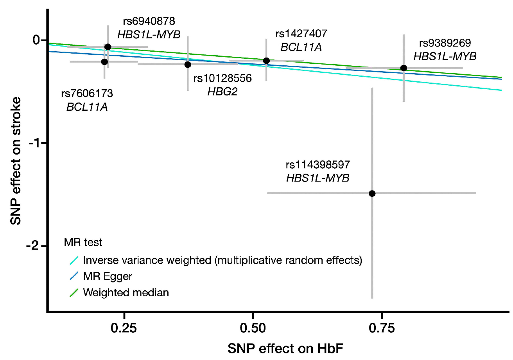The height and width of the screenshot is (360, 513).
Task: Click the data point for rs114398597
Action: point(372,193)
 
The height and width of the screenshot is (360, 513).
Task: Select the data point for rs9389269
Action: point(404,68)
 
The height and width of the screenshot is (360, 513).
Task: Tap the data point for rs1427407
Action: point(266,61)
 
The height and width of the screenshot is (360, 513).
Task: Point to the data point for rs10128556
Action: point(188,65)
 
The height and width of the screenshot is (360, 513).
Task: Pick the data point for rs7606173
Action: point(104,62)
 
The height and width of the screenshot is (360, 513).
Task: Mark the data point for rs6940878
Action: point(108,47)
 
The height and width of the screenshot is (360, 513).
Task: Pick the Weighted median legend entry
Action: point(126,292)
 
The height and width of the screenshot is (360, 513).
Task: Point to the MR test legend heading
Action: point(83,243)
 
